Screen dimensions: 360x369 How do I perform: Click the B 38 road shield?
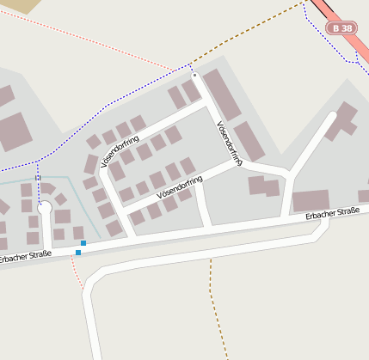pos(341,28)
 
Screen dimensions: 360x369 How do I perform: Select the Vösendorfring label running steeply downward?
pos(229,142)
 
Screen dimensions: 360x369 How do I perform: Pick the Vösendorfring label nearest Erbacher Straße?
pos(180,186)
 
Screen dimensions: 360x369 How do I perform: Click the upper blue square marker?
pos(83,243)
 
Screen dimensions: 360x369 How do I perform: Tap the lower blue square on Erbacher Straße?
pos(78,253)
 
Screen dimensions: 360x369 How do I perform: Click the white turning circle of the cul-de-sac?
pos(46,208)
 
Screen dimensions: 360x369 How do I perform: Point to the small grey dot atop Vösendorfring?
pos(195,76)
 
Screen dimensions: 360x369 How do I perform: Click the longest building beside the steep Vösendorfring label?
pos(221,95)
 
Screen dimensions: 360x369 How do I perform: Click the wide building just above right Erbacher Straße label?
pos(311,200)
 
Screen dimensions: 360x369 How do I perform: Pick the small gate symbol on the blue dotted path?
pos(37,179)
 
